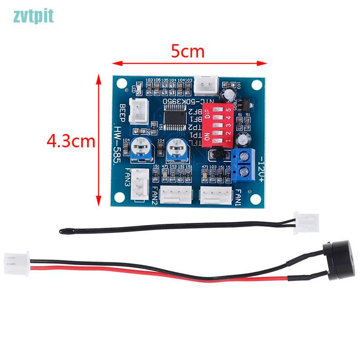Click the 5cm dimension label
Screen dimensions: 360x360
coord(188,52)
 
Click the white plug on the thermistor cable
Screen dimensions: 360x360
coord(306,222)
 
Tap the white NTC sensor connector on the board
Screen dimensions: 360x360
coord(207,84)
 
